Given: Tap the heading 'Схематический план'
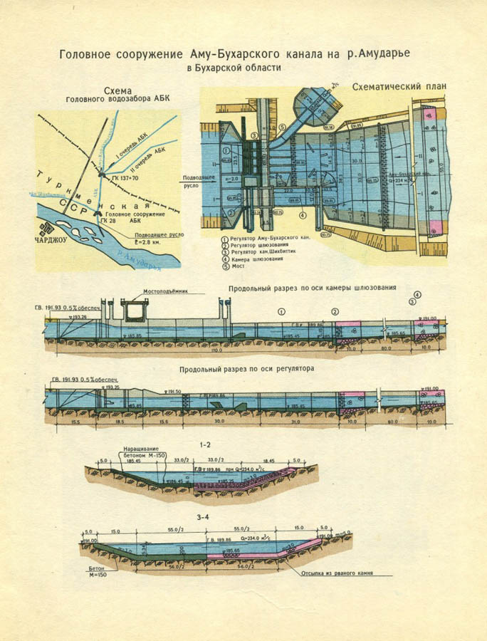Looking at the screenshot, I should (x=399, y=86).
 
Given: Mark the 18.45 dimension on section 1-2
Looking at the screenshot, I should (x=269, y=462).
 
